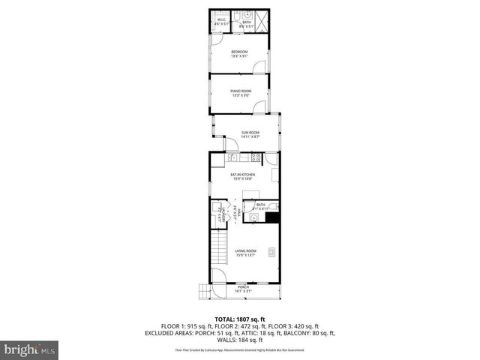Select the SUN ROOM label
point(250,134)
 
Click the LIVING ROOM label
point(245,252)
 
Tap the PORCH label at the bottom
point(243,287)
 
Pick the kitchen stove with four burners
point(256,157)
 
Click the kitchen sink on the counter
point(232,157)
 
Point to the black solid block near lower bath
point(272,217)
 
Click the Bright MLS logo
point(29,349)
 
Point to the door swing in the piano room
point(259,108)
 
